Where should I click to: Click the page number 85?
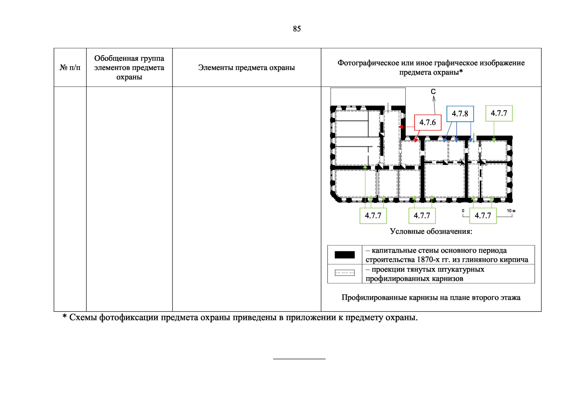pyautogui.click(x=297, y=29)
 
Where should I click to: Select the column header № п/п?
pyautogui.click(x=70, y=67)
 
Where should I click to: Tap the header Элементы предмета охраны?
pyautogui.click(x=246, y=67)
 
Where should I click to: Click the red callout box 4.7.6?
pyautogui.click(x=428, y=123)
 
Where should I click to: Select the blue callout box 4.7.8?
pyautogui.click(x=460, y=114)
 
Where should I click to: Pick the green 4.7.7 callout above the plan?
pyautogui.click(x=499, y=113)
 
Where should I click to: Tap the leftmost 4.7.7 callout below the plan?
pyautogui.click(x=373, y=216)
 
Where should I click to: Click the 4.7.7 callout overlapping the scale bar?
pyautogui.click(x=483, y=216)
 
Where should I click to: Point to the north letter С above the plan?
pyautogui.click(x=433, y=91)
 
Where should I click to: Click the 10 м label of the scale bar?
pyautogui.click(x=511, y=211)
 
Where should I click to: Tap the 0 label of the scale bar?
pyautogui.click(x=463, y=211)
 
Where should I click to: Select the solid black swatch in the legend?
pyautogui.click(x=345, y=255)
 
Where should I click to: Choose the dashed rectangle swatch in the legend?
pyautogui.click(x=345, y=273)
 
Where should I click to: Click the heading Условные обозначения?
pyautogui.click(x=431, y=231)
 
